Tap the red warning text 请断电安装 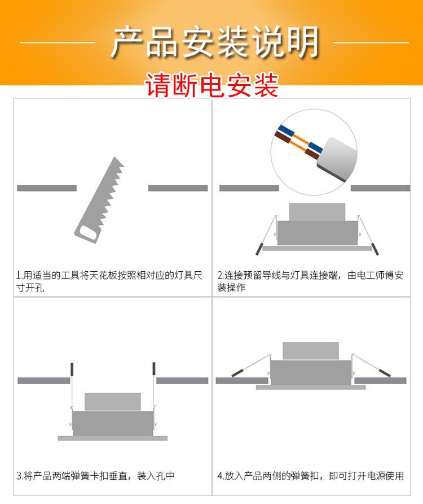tap(212, 85)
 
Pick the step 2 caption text tap(310, 281)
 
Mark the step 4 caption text tap(310, 475)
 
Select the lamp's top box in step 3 tap(112, 402)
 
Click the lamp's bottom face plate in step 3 tap(112, 438)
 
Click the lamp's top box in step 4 tap(310, 350)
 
